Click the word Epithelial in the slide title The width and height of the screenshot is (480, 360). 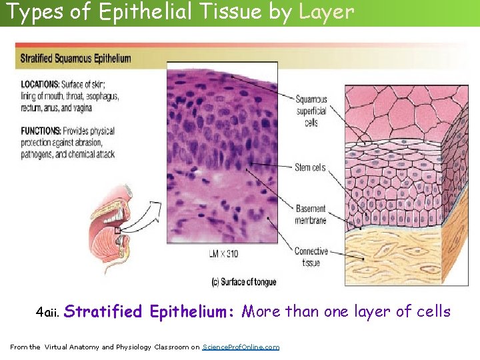[139, 12]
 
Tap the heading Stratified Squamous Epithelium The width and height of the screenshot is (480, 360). [76, 58]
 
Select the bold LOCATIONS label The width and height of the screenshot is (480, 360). [40, 85]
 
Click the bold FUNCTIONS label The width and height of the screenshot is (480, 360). [40, 131]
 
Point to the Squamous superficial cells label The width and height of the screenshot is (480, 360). [311, 111]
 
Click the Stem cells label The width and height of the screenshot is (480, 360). [310, 167]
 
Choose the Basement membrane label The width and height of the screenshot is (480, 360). [311, 215]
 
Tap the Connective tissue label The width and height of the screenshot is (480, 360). [311, 257]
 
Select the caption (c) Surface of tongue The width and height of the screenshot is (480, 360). [241, 282]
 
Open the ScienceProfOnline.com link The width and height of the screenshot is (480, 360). [241, 347]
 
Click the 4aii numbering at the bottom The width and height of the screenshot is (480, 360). [48, 313]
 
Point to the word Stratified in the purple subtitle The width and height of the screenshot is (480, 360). [103, 311]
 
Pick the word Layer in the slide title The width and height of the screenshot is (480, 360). [327, 12]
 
